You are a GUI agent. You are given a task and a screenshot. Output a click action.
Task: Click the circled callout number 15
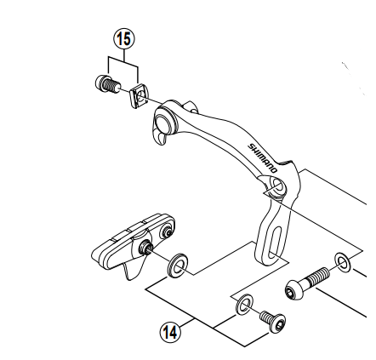pyautogui.click(x=124, y=39)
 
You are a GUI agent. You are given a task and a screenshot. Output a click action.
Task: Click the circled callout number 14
pyautogui.click(x=170, y=332)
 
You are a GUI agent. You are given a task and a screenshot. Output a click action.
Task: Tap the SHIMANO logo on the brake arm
pyautogui.click(x=262, y=157)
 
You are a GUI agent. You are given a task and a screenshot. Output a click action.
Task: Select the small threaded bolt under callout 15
pyautogui.click(x=108, y=83)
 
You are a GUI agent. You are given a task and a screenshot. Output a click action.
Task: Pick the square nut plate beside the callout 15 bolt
pyautogui.click(x=139, y=96)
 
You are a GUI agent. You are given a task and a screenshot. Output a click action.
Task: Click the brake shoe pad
pyautogui.click(x=134, y=241)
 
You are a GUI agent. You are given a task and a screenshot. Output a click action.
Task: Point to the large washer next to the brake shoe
pyautogui.click(x=178, y=265)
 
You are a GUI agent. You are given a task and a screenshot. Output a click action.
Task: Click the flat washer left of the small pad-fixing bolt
pyautogui.click(x=244, y=305)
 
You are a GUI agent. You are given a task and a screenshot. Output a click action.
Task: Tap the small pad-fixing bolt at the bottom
pyautogui.click(x=273, y=322)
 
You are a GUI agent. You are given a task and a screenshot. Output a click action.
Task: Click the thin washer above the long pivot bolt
pyautogui.click(x=343, y=261)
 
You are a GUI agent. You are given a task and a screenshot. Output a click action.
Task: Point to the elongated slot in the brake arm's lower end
pyautogui.click(x=276, y=240)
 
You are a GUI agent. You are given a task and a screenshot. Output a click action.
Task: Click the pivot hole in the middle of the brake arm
pyautogui.click(x=277, y=186)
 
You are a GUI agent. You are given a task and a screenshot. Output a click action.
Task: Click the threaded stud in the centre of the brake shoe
pyautogui.click(x=146, y=247)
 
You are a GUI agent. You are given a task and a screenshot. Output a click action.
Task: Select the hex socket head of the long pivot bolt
pyautogui.click(x=292, y=290)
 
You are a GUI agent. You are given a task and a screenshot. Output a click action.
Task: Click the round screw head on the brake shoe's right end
pyautogui.click(x=166, y=232)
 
